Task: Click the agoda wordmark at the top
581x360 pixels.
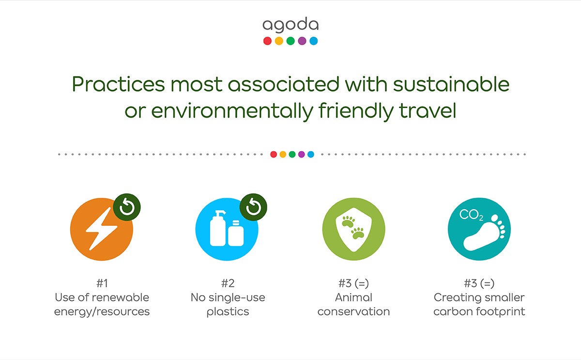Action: click(290, 25)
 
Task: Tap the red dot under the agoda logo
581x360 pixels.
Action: click(267, 41)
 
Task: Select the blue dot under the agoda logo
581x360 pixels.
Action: click(313, 41)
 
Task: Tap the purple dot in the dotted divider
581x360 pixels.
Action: click(301, 155)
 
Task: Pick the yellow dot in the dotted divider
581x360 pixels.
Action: click(283, 155)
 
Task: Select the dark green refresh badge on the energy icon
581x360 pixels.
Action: click(127, 207)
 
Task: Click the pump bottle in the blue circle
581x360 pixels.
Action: click(218, 230)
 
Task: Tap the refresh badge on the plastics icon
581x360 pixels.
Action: click(253, 207)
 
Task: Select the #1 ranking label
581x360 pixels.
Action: click(102, 283)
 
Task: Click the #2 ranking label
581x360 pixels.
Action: click(228, 283)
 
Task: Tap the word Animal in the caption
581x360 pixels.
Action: click(353, 297)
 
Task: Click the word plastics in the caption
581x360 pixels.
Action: click(228, 312)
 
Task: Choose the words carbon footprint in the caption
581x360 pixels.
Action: click(479, 312)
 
